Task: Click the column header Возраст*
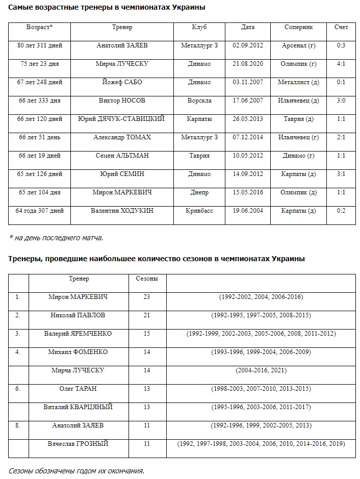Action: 40,27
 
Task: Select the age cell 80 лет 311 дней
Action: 40,45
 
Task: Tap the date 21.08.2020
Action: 247,64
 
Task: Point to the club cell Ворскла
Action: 199,100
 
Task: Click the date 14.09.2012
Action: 247,174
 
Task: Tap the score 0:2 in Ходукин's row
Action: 341,211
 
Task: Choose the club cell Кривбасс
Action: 199,211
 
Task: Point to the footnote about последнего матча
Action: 56,237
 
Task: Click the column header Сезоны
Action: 147,279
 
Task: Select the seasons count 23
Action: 147,297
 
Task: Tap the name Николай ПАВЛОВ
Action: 79,315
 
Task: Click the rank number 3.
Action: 18,334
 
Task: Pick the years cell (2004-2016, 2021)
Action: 261,370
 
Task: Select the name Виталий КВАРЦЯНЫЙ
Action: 79,407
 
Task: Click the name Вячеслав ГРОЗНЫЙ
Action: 79,444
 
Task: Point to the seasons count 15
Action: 147,334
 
